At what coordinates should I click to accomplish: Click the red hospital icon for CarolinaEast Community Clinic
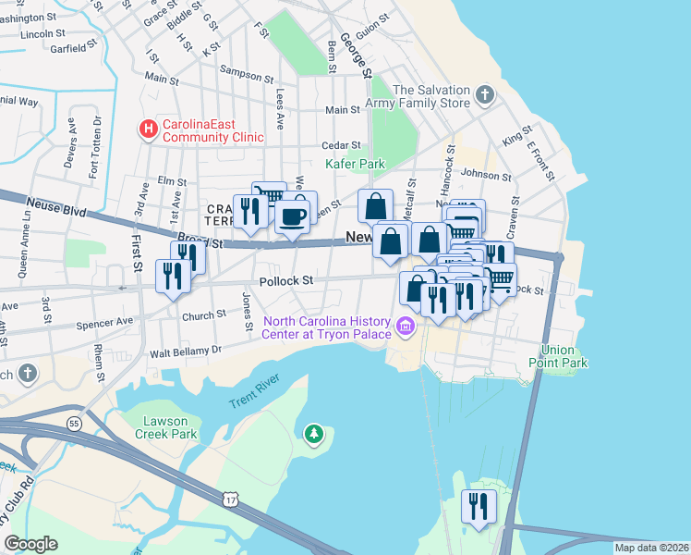click(147, 129)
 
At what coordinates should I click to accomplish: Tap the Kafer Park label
click(355, 164)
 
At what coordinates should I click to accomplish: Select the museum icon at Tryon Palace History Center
click(404, 327)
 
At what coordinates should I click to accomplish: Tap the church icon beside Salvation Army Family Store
click(484, 95)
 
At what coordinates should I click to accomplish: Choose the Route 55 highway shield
click(73, 424)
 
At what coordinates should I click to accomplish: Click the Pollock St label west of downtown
click(286, 280)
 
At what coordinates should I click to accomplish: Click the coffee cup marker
click(293, 217)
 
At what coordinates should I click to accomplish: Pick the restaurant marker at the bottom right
click(479, 506)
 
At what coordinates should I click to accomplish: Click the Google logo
click(30, 544)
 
